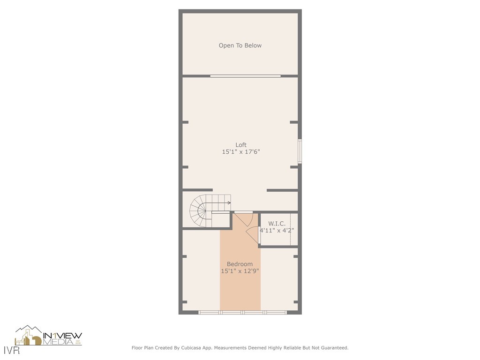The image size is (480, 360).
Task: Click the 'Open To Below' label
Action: pyautogui.click(x=240, y=45)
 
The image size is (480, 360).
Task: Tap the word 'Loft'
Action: pyautogui.click(x=240, y=145)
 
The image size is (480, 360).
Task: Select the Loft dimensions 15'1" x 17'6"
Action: pyautogui.click(x=240, y=152)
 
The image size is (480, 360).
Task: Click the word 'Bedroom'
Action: pyautogui.click(x=240, y=264)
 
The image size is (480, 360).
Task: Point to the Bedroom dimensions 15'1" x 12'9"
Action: pyautogui.click(x=240, y=271)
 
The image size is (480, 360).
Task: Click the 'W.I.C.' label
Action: pyautogui.click(x=277, y=224)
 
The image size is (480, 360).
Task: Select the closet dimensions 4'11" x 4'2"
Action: pyautogui.click(x=277, y=230)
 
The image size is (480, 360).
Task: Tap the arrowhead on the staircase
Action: pyautogui.click(x=229, y=203)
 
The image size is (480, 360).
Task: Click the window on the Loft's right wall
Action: pyautogui.click(x=300, y=151)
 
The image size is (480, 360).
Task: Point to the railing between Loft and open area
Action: pyautogui.click(x=245, y=75)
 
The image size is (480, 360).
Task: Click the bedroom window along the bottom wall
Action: pyautogui.click(x=242, y=312)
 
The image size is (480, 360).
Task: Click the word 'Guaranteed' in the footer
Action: pyautogui.click(x=334, y=348)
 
